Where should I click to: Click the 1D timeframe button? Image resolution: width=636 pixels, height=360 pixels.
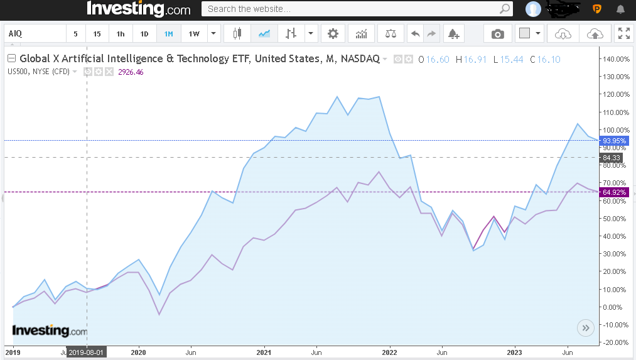pos(144,34)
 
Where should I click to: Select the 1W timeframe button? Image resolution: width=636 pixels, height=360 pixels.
pos(194,34)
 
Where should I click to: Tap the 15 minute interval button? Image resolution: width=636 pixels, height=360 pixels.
pos(97,34)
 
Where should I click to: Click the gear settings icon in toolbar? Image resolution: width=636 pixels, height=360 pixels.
pos(333,34)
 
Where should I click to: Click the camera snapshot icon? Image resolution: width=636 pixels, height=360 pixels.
pos(498,34)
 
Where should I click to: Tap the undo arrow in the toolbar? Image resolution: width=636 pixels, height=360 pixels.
pos(415,34)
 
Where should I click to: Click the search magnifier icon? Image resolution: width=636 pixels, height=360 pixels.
pos(505,9)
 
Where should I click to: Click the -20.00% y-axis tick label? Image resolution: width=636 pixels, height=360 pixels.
pos(615,342)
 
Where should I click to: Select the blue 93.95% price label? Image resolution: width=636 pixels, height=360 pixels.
pos(614,140)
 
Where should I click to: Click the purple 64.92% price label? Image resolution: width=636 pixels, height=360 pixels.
pos(614,192)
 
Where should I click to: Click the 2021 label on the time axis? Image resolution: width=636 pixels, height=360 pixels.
pos(264,352)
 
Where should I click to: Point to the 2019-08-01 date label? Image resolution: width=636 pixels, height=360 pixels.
pos(87,352)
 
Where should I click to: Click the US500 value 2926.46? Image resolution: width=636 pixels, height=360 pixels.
pos(131,72)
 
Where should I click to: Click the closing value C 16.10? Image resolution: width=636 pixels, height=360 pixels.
pos(545,59)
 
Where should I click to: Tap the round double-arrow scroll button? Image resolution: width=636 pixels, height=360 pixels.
pos(585,327)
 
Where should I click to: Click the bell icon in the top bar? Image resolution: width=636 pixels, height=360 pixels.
pos(620,9)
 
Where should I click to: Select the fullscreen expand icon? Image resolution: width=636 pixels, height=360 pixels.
pos(623,34)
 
